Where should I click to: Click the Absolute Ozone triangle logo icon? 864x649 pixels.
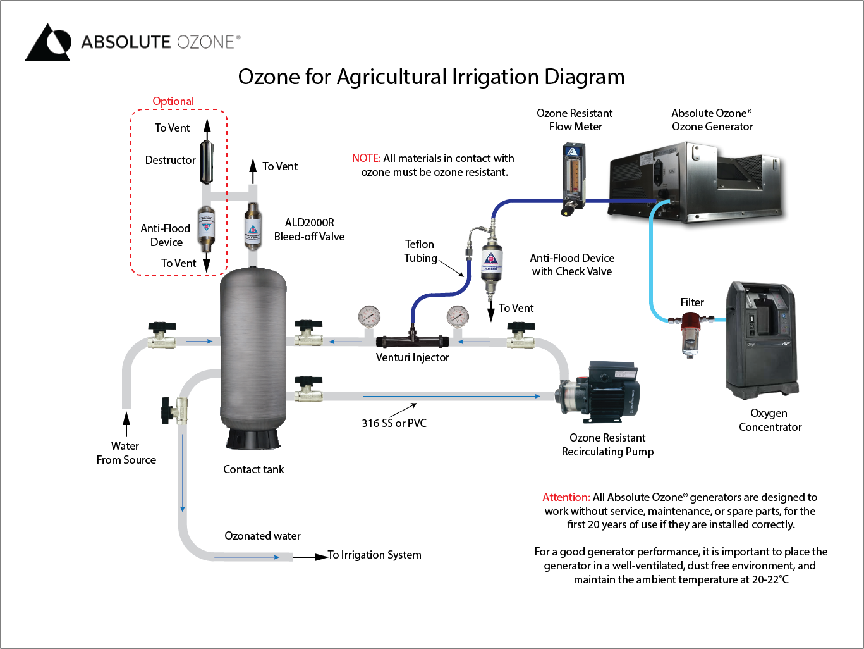pos(48,43)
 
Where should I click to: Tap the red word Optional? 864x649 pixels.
pos(173,101)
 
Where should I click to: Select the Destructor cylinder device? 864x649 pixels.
pos(207,161)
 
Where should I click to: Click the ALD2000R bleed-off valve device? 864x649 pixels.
pos(252,226)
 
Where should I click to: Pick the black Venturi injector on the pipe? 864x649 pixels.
pos(412,341)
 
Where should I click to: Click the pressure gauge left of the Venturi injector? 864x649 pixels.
pos(369,316)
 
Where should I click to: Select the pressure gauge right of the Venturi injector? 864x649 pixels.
pos(458,316)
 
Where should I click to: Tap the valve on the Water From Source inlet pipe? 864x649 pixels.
pos(162,335)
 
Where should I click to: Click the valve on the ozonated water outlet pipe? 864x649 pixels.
pos(173,411)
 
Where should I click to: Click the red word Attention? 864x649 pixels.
pos(566,497)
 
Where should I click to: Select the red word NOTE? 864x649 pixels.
pos(366,158)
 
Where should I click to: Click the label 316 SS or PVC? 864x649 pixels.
pos(394,423)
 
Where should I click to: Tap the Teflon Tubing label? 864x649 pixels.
pos(420,251)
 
